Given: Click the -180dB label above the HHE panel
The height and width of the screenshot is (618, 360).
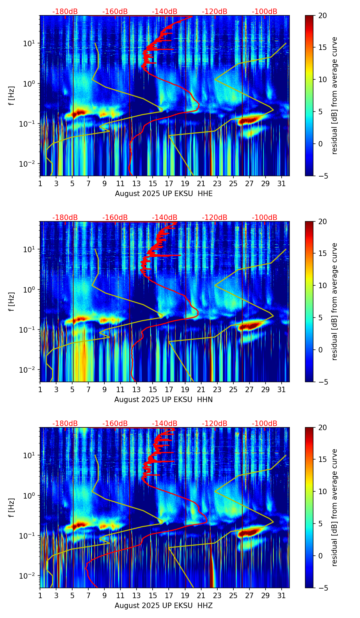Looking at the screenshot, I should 65,12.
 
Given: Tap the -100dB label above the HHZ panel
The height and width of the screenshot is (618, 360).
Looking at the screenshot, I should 265,424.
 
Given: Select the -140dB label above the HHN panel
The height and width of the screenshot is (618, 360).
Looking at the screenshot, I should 165,218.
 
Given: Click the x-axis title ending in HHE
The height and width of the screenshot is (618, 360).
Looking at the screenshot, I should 164,194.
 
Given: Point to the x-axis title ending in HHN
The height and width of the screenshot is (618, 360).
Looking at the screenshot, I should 163,400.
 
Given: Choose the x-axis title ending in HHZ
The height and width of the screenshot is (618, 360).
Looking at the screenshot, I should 164,606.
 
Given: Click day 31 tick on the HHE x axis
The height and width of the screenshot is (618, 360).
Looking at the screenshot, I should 281,183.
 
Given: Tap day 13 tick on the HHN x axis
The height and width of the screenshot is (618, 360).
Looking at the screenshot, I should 137,389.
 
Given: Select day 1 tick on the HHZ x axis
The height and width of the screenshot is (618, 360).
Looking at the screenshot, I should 40,595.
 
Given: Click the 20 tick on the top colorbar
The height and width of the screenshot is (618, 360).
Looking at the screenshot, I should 322,15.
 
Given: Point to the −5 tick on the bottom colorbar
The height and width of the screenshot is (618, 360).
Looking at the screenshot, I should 322,588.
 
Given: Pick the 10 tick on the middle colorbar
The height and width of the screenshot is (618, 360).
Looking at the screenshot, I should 322,285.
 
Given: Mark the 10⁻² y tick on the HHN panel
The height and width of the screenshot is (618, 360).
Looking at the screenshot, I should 29,370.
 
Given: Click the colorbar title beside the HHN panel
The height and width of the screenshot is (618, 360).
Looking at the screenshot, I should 335,301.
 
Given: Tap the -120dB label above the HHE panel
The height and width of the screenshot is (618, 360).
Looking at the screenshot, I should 215,12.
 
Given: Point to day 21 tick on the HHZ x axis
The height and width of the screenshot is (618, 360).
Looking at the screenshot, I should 201,595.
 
